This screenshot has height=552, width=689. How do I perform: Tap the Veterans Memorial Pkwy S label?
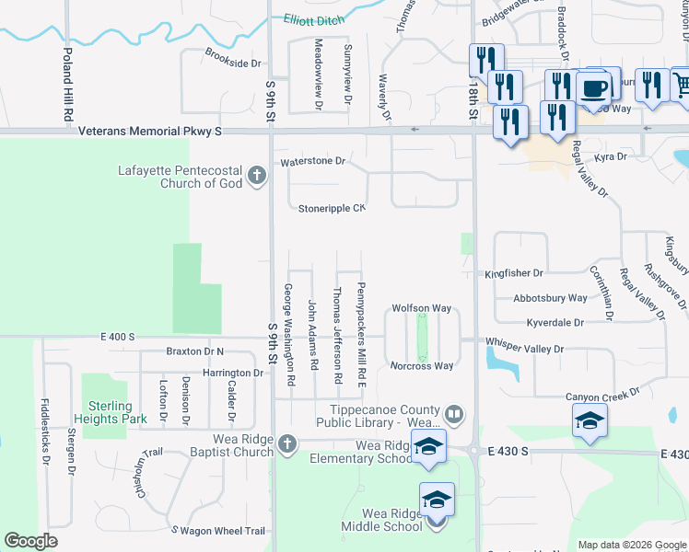(x=150, y=132)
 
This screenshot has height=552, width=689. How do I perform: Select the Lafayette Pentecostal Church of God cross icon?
(x=261, y=171)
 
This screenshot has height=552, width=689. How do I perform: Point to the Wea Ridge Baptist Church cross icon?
(x=287, y=444)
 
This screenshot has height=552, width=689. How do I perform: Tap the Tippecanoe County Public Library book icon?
(x=453, y=415)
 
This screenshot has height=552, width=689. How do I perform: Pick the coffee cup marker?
(x=595, y=89)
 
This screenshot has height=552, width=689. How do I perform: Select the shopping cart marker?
(x=681, y=86)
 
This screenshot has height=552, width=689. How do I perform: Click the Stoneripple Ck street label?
(x=332, y=209)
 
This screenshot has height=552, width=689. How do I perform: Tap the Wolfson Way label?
(x=422, y=309)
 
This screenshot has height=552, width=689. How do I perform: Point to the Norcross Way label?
(x=422, y=366)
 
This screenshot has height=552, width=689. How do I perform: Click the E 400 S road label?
(x=118, y=338)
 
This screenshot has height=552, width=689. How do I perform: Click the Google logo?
(x=31, y=541)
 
